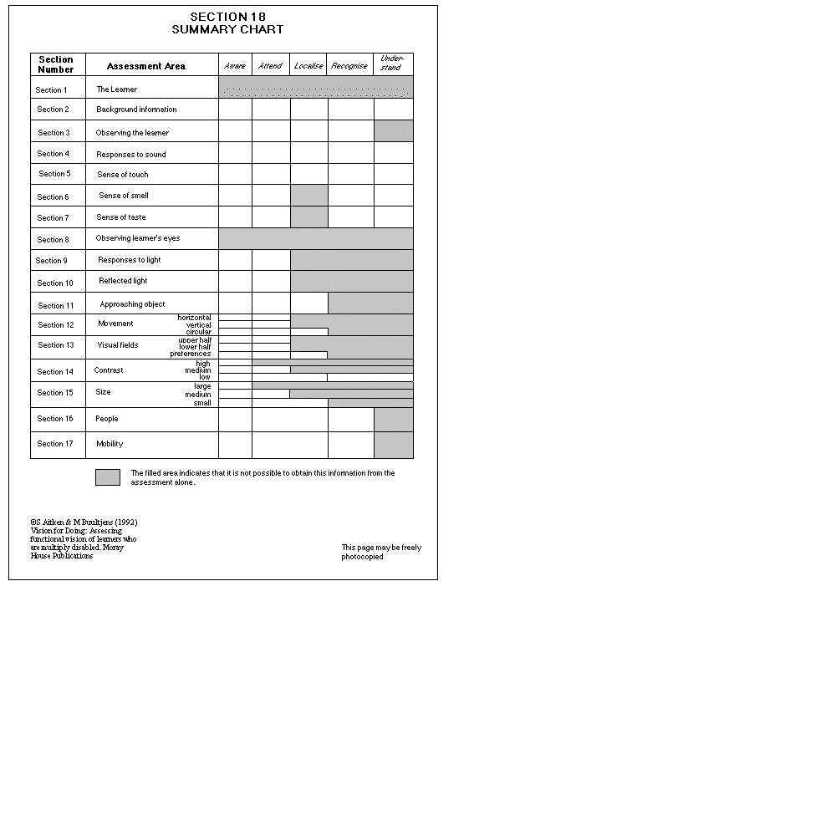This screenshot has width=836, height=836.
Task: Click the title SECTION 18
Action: point(227,17)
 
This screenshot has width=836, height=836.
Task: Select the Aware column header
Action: point(235,66)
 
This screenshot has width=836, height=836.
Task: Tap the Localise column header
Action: point(308,66)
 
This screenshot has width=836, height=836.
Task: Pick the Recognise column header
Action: point(349,66)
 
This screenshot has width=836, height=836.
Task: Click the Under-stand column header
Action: point(391,63)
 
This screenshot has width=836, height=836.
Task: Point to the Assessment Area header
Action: point(146,66)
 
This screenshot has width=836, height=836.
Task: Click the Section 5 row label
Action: point(54,174)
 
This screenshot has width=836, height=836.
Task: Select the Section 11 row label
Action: point(56,306)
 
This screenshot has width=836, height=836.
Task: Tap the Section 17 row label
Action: point(56,444)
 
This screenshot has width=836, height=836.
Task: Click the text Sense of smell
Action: point(124,196)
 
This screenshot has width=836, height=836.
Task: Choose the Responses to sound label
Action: point(131,155)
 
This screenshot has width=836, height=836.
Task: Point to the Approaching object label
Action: point(133,304)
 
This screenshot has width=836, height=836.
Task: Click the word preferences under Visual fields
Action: point(191,354)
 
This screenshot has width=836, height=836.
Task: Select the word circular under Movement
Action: point(198,332)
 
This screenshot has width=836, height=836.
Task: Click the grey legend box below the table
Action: point(108,477)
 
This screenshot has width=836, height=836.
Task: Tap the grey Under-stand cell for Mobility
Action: point(393,445)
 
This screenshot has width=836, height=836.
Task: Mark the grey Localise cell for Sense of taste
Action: point(309,217)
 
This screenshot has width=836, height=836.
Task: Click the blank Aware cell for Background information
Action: point(235,110)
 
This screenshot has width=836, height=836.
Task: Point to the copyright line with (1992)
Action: point(84,522)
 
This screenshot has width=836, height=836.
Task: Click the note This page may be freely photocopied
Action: point(381,552)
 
